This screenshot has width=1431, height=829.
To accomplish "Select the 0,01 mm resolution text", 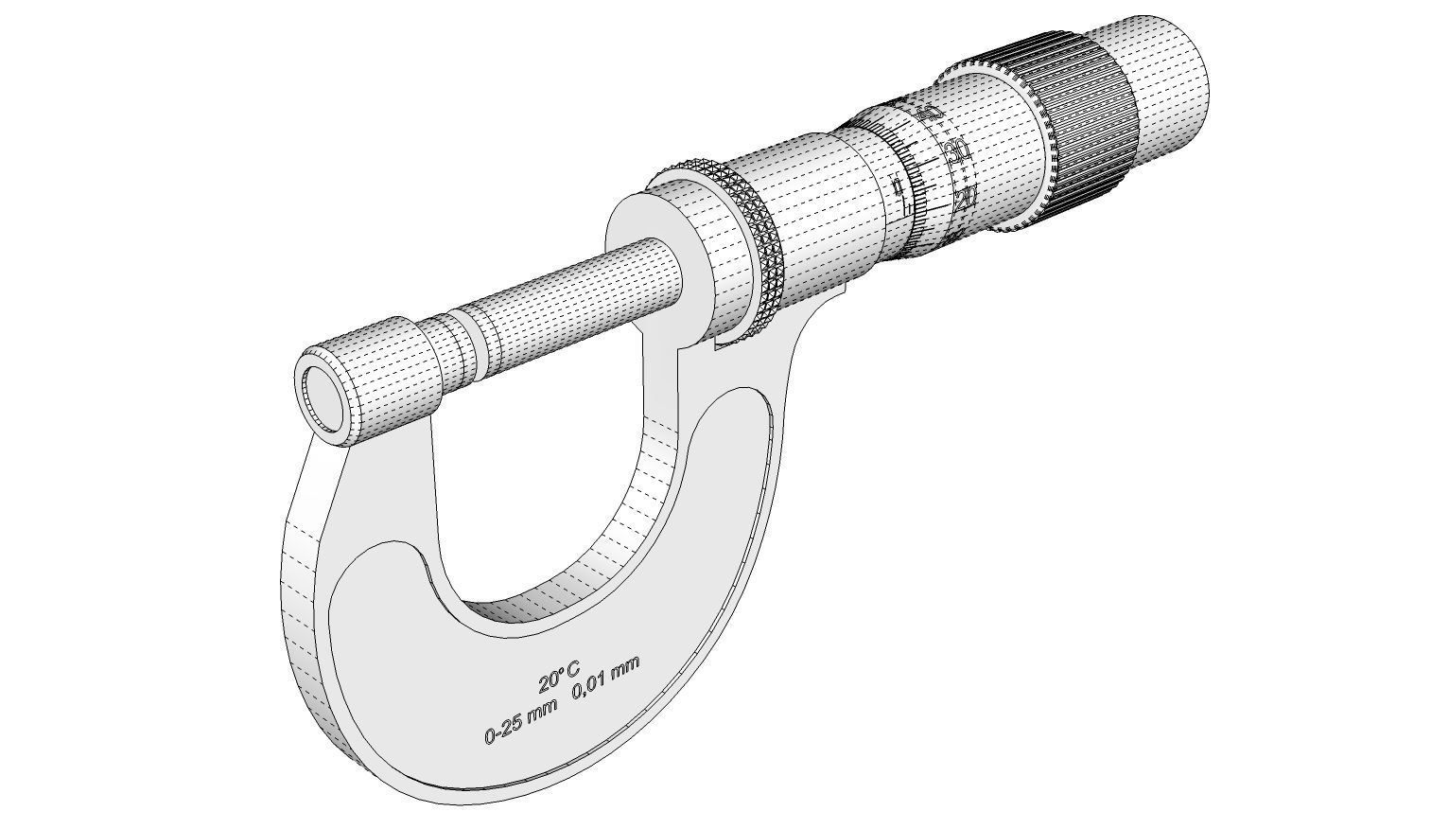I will [x=605, y=682].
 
